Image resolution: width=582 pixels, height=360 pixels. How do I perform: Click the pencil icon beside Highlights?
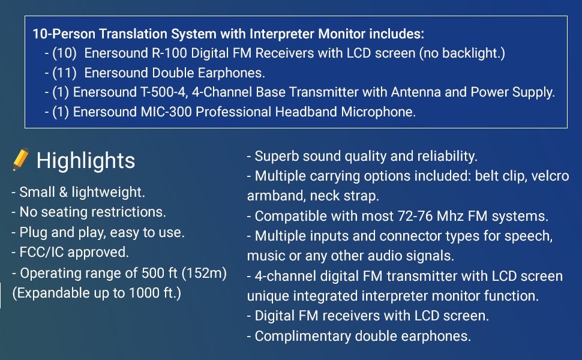click(x=20, y=160)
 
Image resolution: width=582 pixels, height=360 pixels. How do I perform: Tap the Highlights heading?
click(x=86, y=161)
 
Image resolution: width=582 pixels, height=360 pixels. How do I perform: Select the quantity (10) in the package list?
click(x=62, y=53)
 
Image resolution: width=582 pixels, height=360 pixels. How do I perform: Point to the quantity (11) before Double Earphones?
click(x=62, y=73)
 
